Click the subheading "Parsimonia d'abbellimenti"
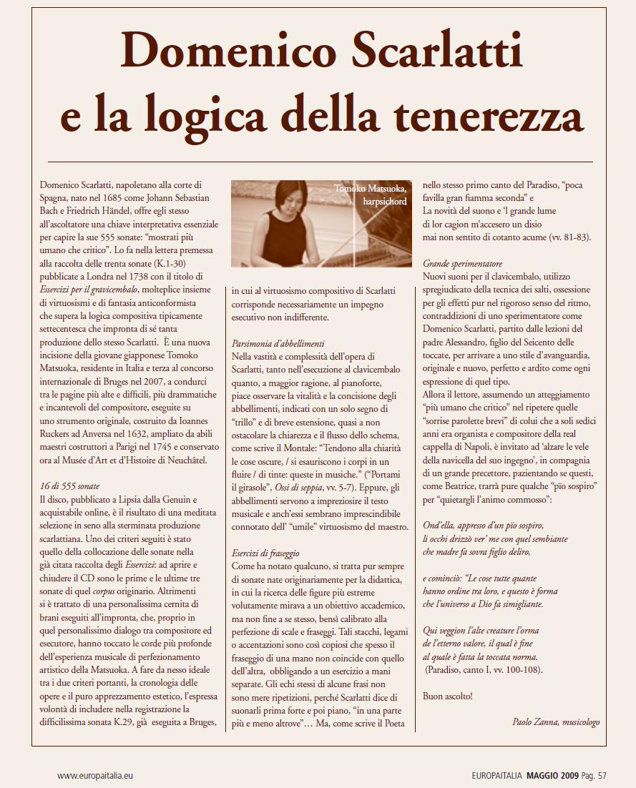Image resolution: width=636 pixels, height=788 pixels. tap(278, 343)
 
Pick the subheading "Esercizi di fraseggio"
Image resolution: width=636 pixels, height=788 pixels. tap(265, 553)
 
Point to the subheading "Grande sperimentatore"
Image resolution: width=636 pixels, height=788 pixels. tap(462, 264)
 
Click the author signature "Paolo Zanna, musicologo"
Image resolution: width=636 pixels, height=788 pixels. tap(556, 721)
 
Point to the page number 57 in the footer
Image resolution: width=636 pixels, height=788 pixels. tap(602, 774)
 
